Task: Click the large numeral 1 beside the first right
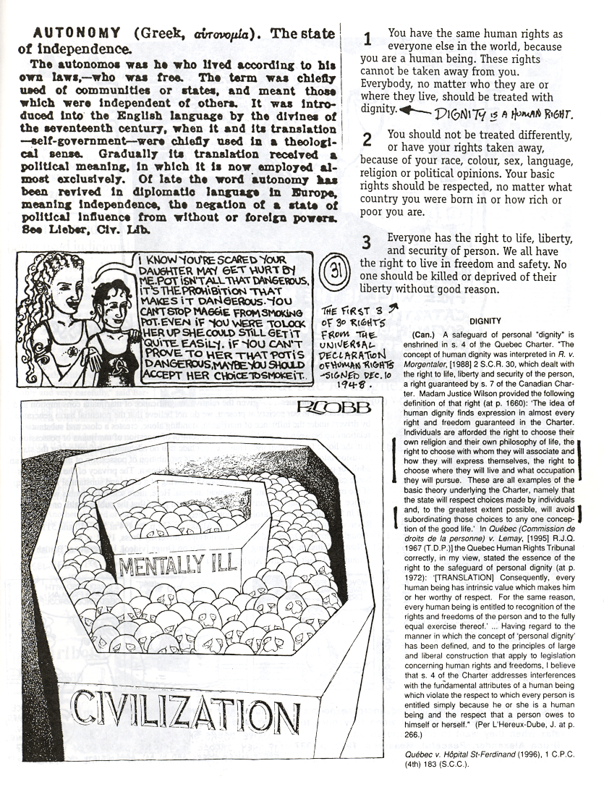pos(367,40)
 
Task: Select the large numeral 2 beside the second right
pos(367,140)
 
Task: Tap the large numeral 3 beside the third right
pos(367,243)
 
